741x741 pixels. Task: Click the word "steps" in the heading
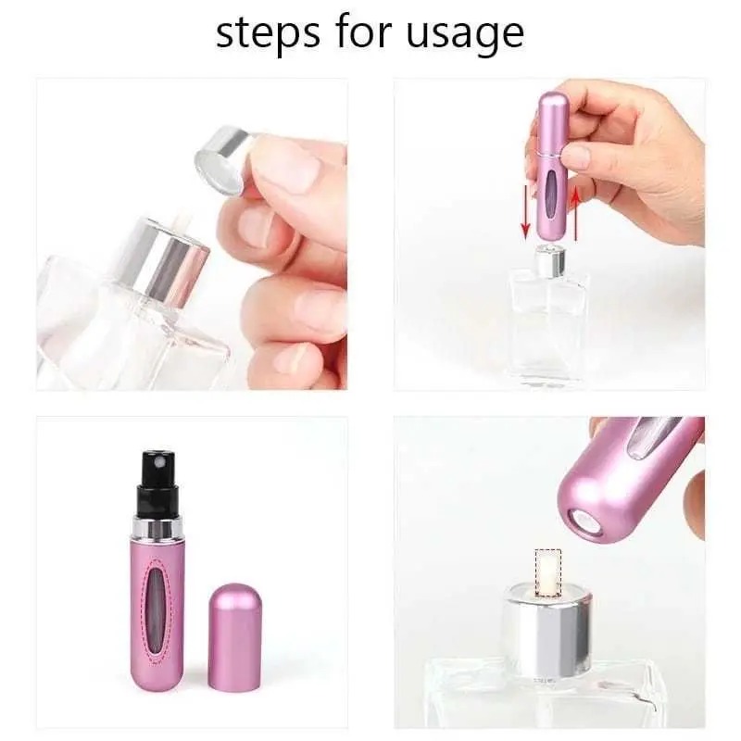[x=260, y=33]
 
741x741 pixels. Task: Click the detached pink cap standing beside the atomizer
[x=233, y=637]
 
